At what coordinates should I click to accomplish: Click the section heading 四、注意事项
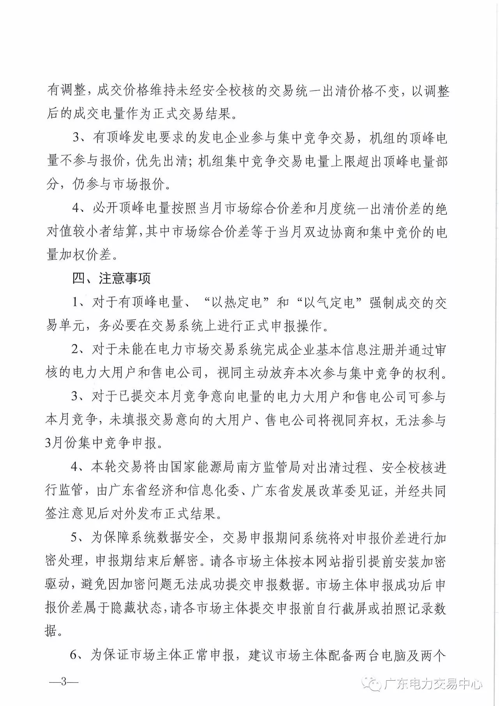coord(111,278)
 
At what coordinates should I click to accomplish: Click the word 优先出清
coord(162,161)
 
